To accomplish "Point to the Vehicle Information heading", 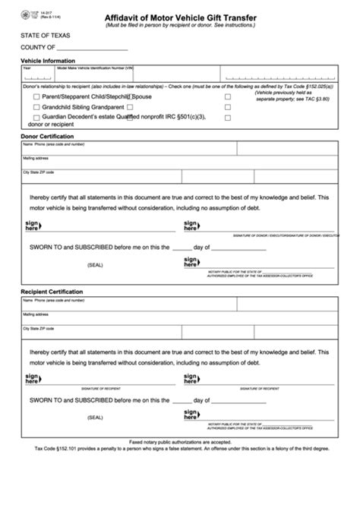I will click(48, 60).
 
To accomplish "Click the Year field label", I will click(27, 68).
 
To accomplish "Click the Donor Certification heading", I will click(48, 136).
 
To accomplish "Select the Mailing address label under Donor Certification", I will click(36, 158).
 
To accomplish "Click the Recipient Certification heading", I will click(52, 292).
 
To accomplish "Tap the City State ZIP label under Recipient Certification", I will click(39, 328).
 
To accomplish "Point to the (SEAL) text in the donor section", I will click(95, 264).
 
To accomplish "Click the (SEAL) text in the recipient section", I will click(95, 417).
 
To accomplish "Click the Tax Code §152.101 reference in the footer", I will click(55, 449).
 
